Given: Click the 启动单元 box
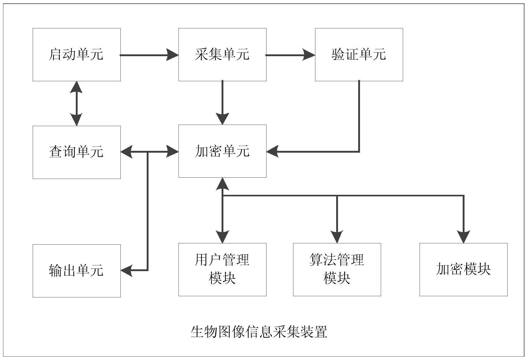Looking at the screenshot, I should click(x=76, y=55).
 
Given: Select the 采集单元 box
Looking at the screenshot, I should click(x=222, y=55).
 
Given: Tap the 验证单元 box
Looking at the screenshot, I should click(x=359, y=55).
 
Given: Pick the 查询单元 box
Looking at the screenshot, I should click(x=76, y=152).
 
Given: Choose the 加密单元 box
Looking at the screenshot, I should click(x=222, y=151).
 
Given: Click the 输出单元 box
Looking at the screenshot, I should click(x=76, y=271).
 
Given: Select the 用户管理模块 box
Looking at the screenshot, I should click(x=222, y=269).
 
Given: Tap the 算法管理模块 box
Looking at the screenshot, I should click(x=337, y=269).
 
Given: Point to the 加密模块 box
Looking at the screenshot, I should click(x=463, y=269).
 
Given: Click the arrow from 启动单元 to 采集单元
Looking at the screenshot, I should click(x=149, y=55).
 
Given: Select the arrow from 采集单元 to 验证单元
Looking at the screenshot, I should click(x=290, y=55).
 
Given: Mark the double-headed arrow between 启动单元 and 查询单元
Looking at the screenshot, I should click(x=76, y=104).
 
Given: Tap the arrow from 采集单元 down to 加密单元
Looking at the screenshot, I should click(x=222, y=102).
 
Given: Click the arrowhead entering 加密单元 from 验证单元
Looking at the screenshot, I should click(x=272, y=151).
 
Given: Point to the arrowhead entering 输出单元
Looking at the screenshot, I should click(x=126, y=270).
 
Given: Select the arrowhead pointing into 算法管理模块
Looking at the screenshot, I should click(x=337, y=237).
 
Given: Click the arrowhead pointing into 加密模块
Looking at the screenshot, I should click(x=464, y=237).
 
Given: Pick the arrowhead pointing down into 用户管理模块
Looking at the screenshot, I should click(x=222, y=237).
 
